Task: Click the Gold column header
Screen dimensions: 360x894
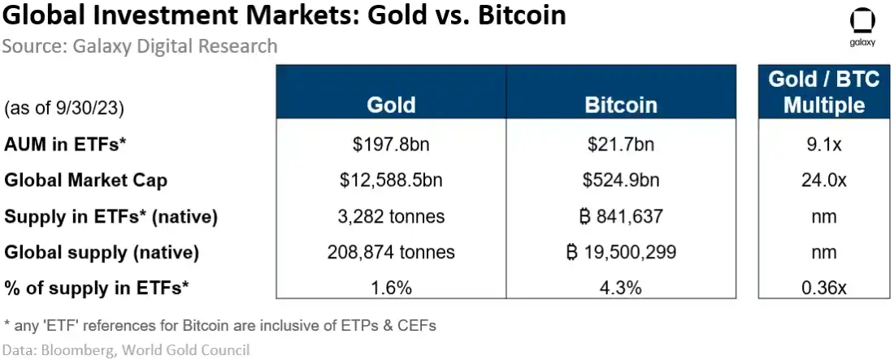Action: pos(391,106)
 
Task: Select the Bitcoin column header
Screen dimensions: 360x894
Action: pos(620,106)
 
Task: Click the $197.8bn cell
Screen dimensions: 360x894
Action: pos(391,145)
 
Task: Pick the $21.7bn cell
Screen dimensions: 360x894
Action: pos(620,145)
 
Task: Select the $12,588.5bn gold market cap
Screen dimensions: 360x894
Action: pos(391,180)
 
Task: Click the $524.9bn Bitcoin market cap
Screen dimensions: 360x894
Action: pos(620,180)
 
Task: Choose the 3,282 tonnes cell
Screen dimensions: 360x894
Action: pos(391,217)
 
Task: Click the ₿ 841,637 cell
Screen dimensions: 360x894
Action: pos(620,217)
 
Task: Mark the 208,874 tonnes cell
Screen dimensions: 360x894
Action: pos(391,253)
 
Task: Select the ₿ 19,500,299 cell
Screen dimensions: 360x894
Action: pos(620,253)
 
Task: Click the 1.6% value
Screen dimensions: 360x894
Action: pos(391,288)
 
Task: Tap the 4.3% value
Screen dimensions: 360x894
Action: pos(620,288)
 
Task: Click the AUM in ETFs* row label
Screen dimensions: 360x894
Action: pos(66,145)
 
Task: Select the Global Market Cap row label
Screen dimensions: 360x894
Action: pos(85,180)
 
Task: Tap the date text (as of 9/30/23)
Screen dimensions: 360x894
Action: pos(64,107)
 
